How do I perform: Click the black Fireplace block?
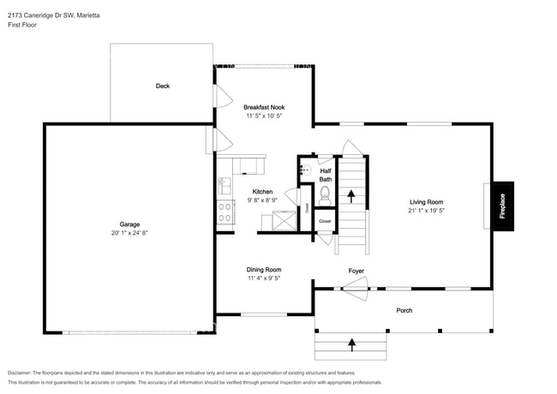pos(502,206)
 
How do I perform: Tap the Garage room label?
pos(129,224)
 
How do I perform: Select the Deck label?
pos(162,86)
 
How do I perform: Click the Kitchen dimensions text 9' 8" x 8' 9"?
pos(261,200)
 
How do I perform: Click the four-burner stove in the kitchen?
pos(225,212)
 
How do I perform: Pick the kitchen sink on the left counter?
pos(223,185)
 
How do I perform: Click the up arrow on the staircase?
pos(350,195)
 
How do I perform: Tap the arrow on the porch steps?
pos(351,345)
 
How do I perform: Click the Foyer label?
pos(356,272)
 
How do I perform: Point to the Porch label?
pos(404,310)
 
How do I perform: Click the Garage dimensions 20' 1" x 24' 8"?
pos(129,233)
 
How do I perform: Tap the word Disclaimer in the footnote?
pos(23,373)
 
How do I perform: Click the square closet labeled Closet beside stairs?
pos(325,221)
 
